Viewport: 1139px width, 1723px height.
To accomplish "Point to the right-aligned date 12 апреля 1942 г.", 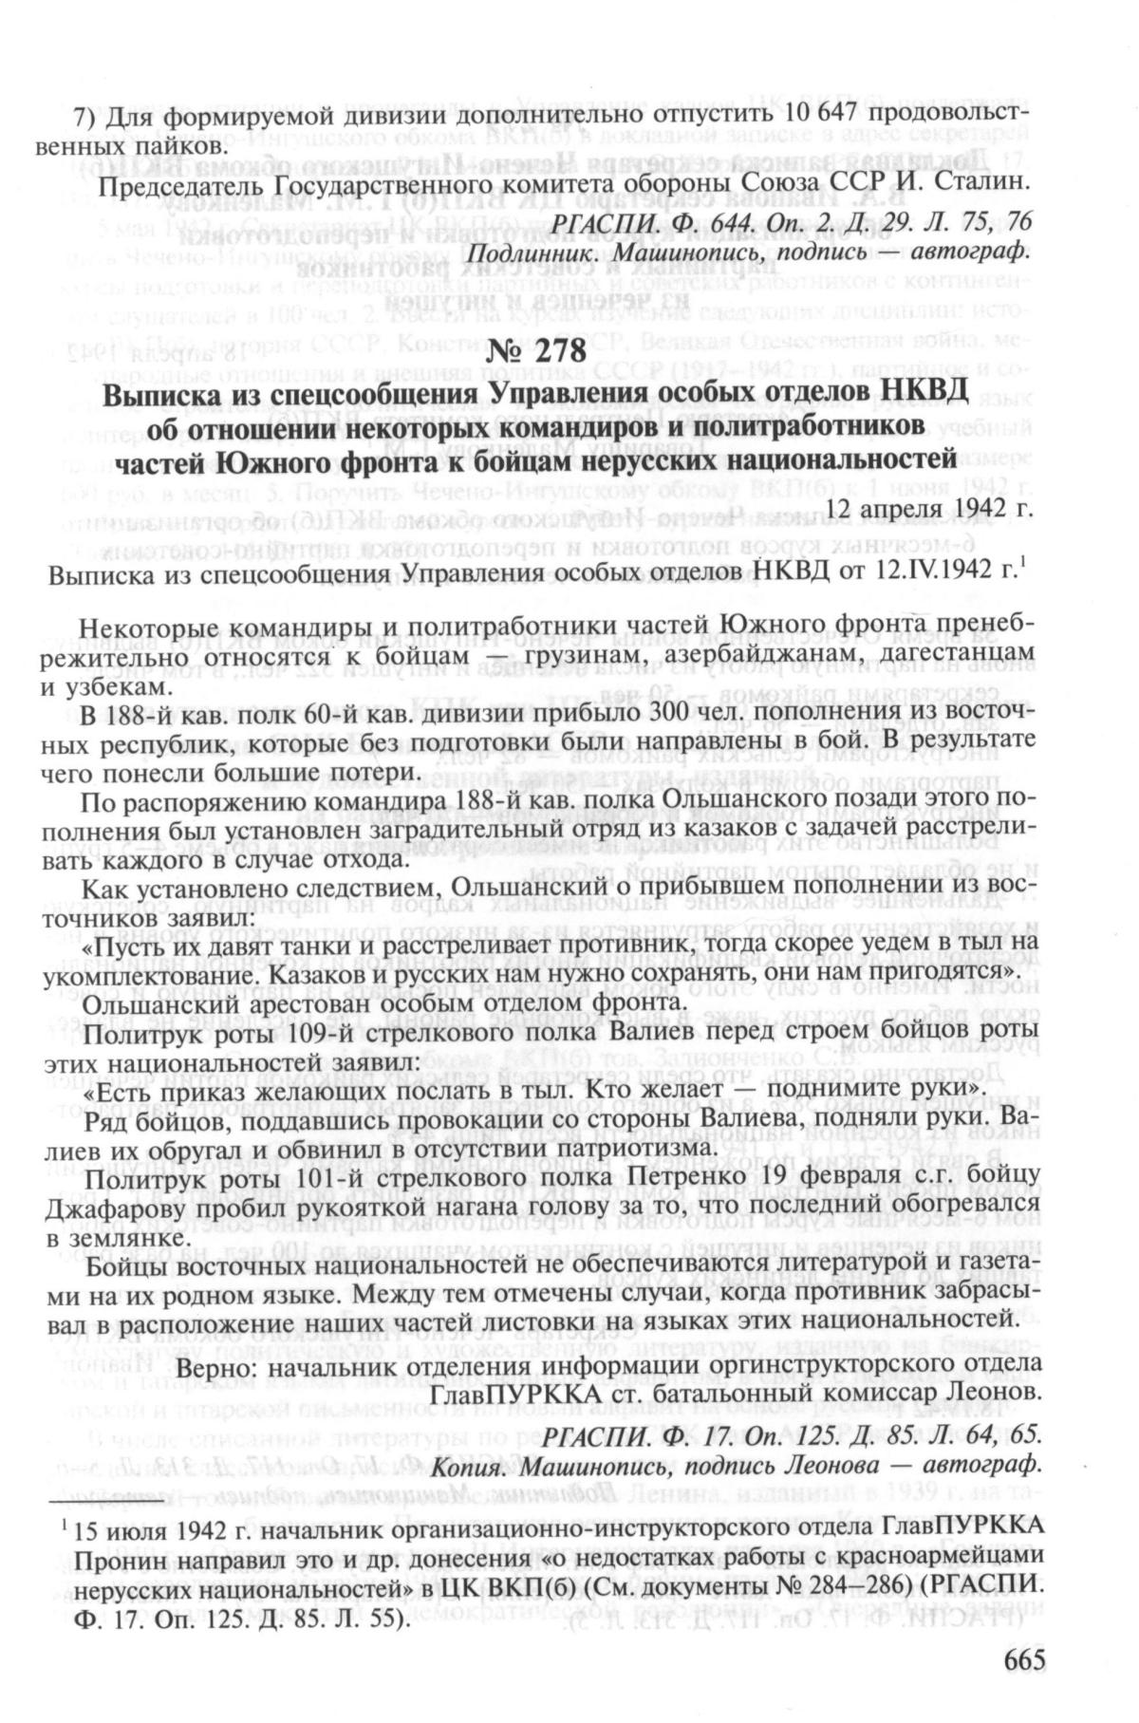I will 930,508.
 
